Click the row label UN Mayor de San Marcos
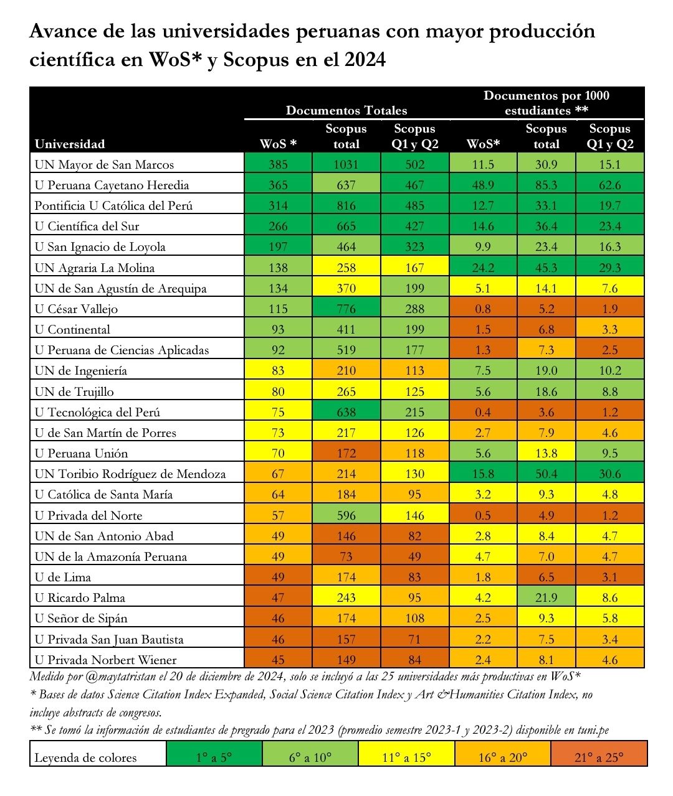click(x=104, y=164)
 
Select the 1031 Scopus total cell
click(x=346, y=164)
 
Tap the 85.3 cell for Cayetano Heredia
click(x=546, y=185)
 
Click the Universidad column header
click(x=70, y=144)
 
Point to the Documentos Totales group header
click(x=346, y=110)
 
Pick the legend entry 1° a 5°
click(x=214, y=757)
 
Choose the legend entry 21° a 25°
click(x=599, y=757)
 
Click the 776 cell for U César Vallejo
click(x=346, y=309)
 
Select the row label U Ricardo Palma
click(x=80, y=597)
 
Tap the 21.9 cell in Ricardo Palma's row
click(x=546, y=597)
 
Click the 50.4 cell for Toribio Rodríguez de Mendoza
click(x=546, y=474)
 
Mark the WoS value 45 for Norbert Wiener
click(x=278, y=660)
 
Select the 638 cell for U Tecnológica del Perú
click(x=346, y=412)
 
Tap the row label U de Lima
click(x=62, y=577)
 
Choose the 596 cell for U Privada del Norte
click(x=346, y=515)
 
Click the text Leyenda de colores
click(x=85, y=757)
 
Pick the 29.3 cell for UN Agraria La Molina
click(x=609, y=268)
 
